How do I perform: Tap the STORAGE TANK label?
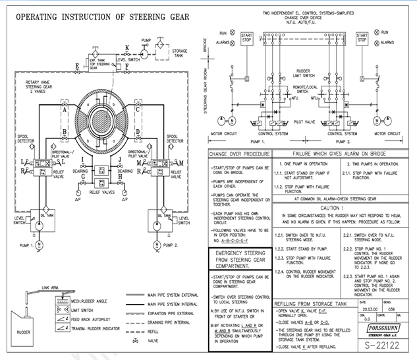click(180, 53)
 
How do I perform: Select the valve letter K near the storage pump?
click(127, 47)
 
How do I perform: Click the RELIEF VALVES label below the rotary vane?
click(102, 193)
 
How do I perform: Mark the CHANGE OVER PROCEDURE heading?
click(238, 154)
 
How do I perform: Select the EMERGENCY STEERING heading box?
click(238, 260)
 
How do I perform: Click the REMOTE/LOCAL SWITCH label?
click(305, 89)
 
